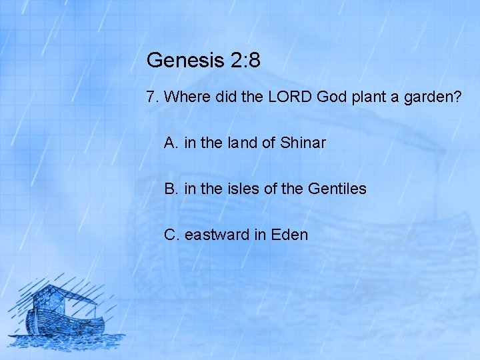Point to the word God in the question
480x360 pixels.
[x=331, y=97]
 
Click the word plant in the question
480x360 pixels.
[x=367, y=97]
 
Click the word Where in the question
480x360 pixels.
[x=187, y=97]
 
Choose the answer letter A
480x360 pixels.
[x=171, y=143]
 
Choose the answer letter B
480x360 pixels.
[x=171, y=189]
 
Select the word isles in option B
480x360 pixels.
[x=243, y=189]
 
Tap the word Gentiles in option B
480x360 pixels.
[x=337, y=189]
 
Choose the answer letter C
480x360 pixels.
[x=171, y=235]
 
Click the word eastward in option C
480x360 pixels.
[x=215, y=235]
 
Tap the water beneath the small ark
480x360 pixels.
[x=67, y=341]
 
